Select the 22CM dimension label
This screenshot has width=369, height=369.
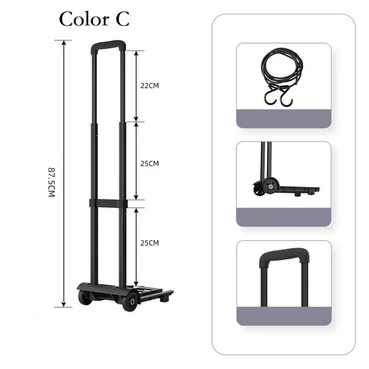coord(149,85)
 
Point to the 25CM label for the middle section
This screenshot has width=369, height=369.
coord(149,164)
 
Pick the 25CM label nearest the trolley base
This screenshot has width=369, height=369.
coord(149,243)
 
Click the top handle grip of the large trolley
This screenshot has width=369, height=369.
coord(108,44)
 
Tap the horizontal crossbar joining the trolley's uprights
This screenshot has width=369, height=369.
coord(108,203)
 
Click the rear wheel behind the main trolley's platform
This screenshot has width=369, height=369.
coord(84,298)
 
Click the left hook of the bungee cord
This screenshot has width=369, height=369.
coord(269,99)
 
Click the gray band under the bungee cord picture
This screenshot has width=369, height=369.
coord(284,118)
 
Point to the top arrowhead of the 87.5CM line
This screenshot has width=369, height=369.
coord(63,42)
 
